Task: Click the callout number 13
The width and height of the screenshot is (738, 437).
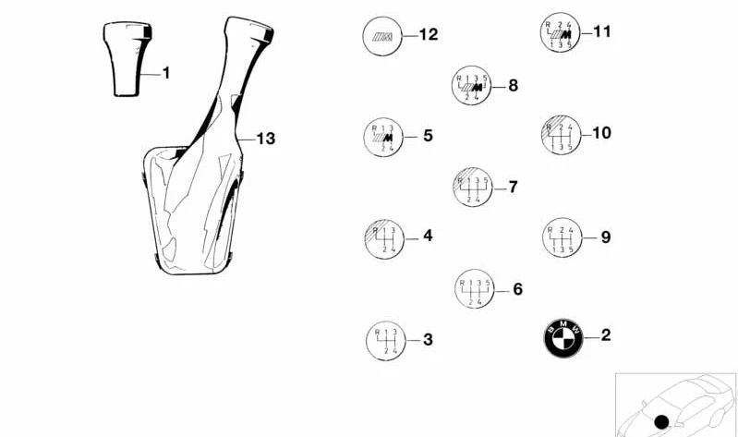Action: coord(265,139)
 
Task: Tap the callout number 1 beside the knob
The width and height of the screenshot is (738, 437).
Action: coord(165,73)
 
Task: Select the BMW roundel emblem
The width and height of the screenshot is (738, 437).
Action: coord(563,337)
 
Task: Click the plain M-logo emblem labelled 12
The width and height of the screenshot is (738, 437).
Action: coord(382,36)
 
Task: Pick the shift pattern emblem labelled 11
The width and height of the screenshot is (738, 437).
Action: coord(560,32)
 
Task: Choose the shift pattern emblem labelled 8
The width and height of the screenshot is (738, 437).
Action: coord(472,86)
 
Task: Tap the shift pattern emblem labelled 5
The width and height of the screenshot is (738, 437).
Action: coord(383,137)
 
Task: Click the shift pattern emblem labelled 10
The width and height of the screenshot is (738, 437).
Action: coord(561,135)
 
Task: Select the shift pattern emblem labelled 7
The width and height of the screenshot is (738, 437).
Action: coord(473,188)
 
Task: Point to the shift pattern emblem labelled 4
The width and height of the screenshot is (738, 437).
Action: coord(384,238)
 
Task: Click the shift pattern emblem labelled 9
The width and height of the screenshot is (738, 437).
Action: coord(562,237)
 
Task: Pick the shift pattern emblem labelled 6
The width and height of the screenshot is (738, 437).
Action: coord(475,289)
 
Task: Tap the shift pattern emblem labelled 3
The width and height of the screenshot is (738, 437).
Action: coord(386,341)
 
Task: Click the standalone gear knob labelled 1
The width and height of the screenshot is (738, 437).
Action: coord(127,59)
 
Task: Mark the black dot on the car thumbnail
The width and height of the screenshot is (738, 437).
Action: coord(661,422)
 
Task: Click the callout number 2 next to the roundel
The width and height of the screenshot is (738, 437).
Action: coord(606,334)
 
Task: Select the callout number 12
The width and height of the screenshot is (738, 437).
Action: coord(429,34)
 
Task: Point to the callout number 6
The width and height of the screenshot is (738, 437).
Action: coord(518,289)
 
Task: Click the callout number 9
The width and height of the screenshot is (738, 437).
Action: coord(606,237)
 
